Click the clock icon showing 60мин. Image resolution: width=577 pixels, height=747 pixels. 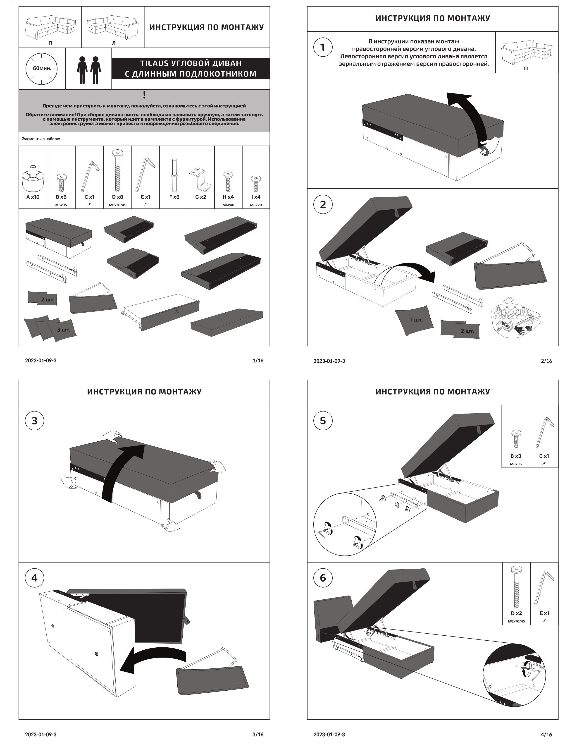click(42, 68)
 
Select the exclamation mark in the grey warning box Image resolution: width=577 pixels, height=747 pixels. click(144, 95)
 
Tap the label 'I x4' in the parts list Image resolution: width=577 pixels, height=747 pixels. click(256, 197)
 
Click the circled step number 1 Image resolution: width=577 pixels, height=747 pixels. click(323, 47)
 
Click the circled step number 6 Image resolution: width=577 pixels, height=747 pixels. click(323, 578)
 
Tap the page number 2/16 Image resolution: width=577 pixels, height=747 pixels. click(546, 361)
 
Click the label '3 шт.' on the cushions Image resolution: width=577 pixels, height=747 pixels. click(64, 330)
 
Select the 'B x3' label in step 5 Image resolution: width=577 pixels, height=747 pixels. click(516, 456)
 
